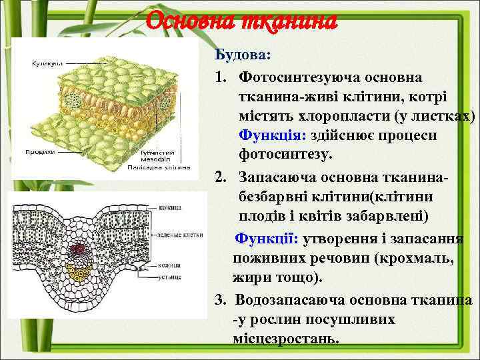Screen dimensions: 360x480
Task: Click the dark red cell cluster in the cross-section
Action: pyautogui.click(x=81, y=251)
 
